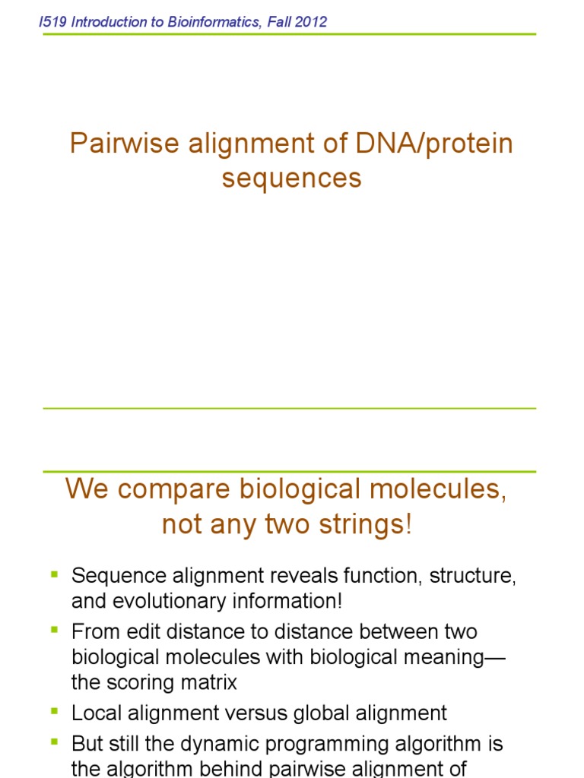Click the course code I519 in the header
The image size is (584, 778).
52,22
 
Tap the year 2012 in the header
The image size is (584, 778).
313,22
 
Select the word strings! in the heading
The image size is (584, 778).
370,524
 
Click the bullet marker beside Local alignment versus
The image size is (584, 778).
54,712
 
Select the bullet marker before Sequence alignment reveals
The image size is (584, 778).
54,574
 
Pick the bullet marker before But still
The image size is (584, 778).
54,742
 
